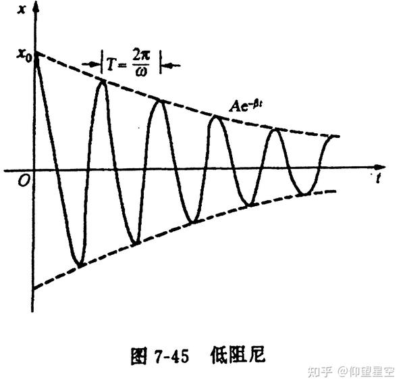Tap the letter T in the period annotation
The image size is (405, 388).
coord(111,65)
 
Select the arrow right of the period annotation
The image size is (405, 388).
coord(172,65)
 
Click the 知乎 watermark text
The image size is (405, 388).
coord(319,371)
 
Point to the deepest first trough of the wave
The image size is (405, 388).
coord(80,264)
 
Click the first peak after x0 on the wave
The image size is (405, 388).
coord(102,81)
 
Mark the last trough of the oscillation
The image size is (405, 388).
coord(305,194)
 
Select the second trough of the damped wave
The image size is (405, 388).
coord(136,242)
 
